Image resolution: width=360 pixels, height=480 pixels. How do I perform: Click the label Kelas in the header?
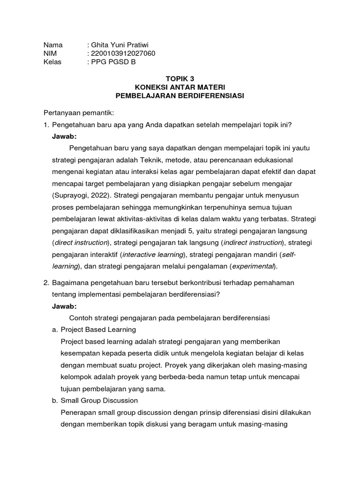coord(52,62)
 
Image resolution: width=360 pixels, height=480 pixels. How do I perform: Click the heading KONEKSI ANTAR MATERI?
coord(180,87)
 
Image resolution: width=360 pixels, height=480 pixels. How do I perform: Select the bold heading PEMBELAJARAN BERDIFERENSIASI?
coord(180,96)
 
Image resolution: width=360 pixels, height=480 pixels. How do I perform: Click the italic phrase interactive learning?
coord(152,255)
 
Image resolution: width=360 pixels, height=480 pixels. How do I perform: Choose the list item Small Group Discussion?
coord(99,400)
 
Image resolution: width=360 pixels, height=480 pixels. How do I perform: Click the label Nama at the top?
coord(52,45)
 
